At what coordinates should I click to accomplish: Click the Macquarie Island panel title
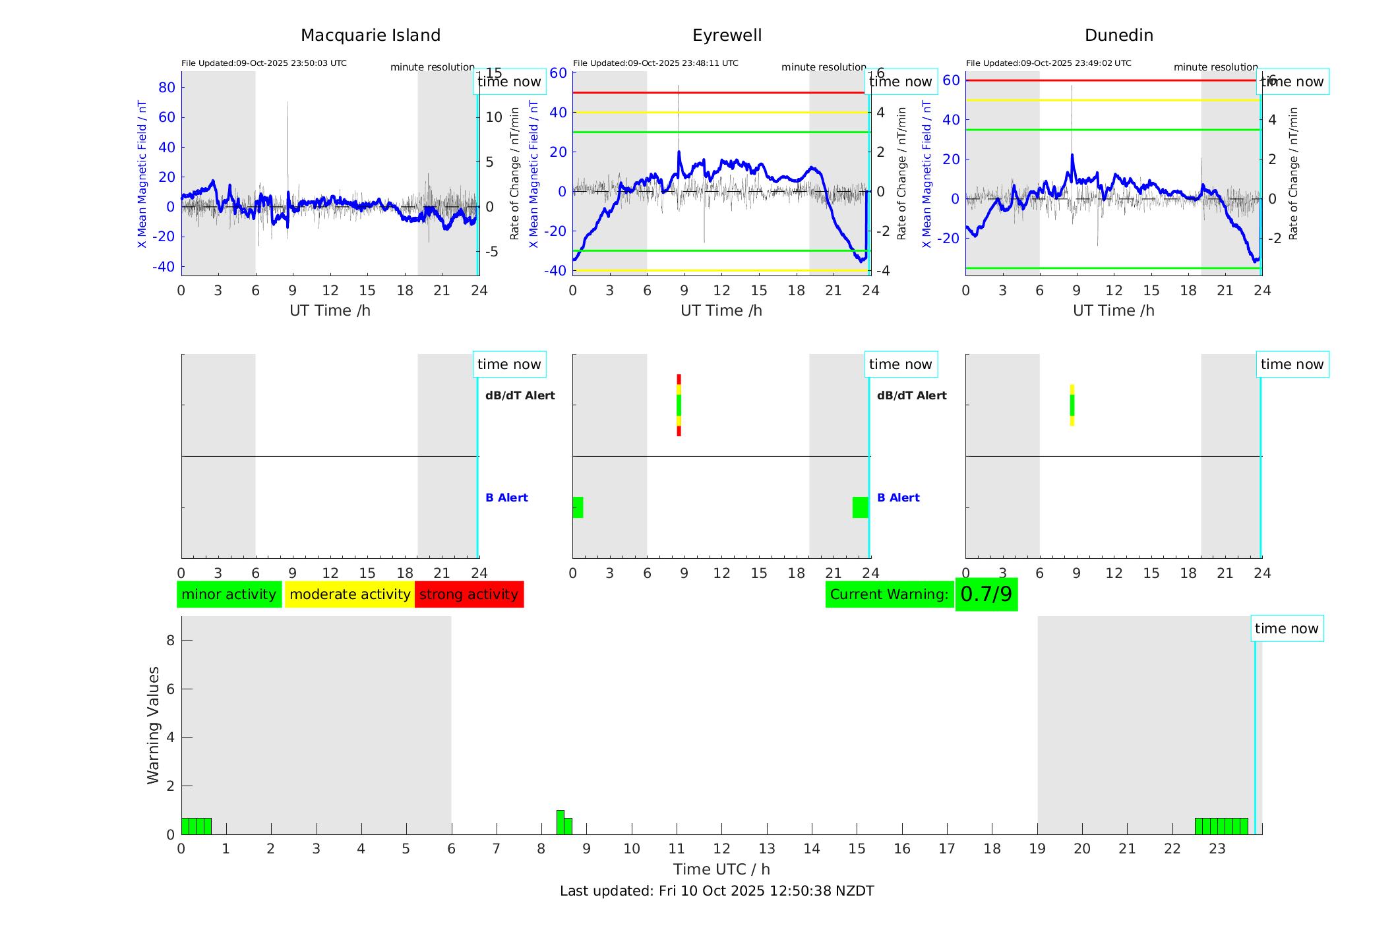click(x=371, y=36)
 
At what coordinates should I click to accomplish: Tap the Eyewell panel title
click(x=727, y=36)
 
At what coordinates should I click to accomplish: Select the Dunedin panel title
click(x=1118, y=36)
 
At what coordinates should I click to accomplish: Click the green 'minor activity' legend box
click(x=229, y=594)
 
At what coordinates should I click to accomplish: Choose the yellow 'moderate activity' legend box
click(x=349, y=594)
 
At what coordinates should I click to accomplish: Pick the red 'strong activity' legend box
click(x=469, y=594)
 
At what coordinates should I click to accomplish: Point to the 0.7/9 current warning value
click(x=986, y=594)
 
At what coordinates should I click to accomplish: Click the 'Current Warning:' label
click(x=889, y=594)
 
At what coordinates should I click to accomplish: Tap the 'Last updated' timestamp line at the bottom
click(x=717, y=891)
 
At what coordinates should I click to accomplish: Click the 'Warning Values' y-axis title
click(x=154, y=725)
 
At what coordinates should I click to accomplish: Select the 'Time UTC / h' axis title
click(x=721, y=869)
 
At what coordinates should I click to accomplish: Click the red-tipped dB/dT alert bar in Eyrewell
click(x=679, y=405)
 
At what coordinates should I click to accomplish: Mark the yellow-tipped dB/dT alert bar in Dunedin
click(x=1072, y=405)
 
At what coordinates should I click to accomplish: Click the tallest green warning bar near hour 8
click(x=560, y=822)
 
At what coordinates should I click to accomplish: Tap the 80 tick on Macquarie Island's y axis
click(x=167, y=88)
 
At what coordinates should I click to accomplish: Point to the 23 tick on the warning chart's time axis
click(x=1217, y=849)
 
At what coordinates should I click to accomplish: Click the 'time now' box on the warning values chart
click(x=1286, y=629)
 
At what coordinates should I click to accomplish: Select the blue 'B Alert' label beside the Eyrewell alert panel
click(x=898, y=498)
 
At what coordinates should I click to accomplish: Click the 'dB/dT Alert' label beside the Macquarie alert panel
click(x=520, y=395)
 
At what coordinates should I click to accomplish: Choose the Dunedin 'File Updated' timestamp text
click(x=1048, y=63)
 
